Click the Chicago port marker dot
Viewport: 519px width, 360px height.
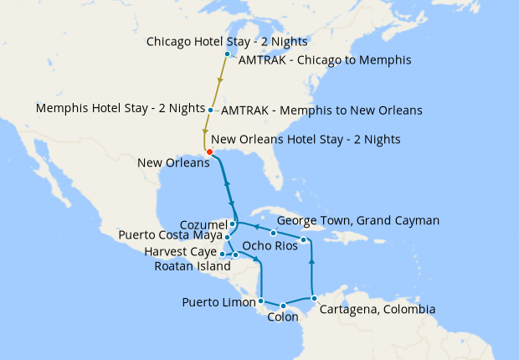[227, 54]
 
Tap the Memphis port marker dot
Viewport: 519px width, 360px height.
[210, 110]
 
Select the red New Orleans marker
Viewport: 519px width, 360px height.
[208, 152]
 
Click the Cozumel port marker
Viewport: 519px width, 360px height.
[232, 224]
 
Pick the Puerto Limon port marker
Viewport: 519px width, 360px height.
[261, 300]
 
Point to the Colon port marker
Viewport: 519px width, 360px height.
[283, 305]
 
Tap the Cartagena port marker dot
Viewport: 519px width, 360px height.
[312, 298]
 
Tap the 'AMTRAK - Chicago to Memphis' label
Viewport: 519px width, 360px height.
[324, 59]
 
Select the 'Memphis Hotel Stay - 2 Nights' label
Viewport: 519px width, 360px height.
[121, 109]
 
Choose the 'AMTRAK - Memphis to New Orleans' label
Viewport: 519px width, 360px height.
[322, 111]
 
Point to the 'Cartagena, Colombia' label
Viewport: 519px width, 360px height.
[378, 309]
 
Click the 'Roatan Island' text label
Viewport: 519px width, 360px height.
[193, 266]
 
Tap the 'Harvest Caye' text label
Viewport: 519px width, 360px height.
[180, 252]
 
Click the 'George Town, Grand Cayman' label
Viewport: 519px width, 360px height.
[357, 220]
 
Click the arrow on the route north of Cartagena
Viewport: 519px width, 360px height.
[311, 262]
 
